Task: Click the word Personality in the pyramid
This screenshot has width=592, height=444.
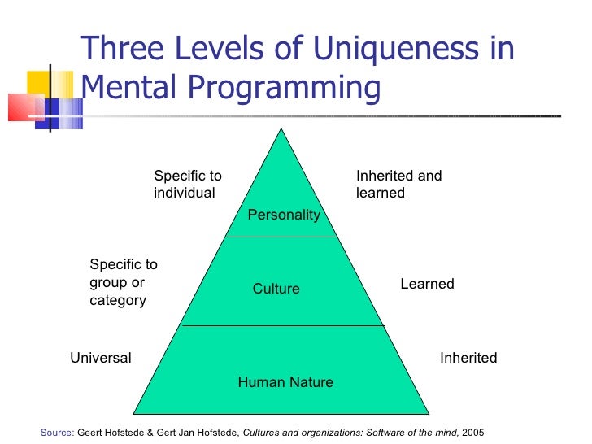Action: click(284, 215)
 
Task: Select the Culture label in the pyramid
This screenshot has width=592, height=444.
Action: click(276, 289)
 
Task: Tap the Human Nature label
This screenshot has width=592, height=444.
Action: click(285, 382)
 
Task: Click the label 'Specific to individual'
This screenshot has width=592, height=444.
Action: click(187, 185)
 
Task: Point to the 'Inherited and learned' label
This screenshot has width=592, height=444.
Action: click(398, 185)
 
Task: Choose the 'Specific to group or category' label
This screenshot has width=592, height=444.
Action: click(124, 282)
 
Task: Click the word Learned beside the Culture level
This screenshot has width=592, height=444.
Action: click(427, 284)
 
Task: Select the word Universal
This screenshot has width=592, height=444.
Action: click(101, 358)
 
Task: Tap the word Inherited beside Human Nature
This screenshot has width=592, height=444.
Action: click(468, 358)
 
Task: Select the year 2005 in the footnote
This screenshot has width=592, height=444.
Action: click(472, 432)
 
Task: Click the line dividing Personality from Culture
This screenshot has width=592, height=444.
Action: click(281, 237)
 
